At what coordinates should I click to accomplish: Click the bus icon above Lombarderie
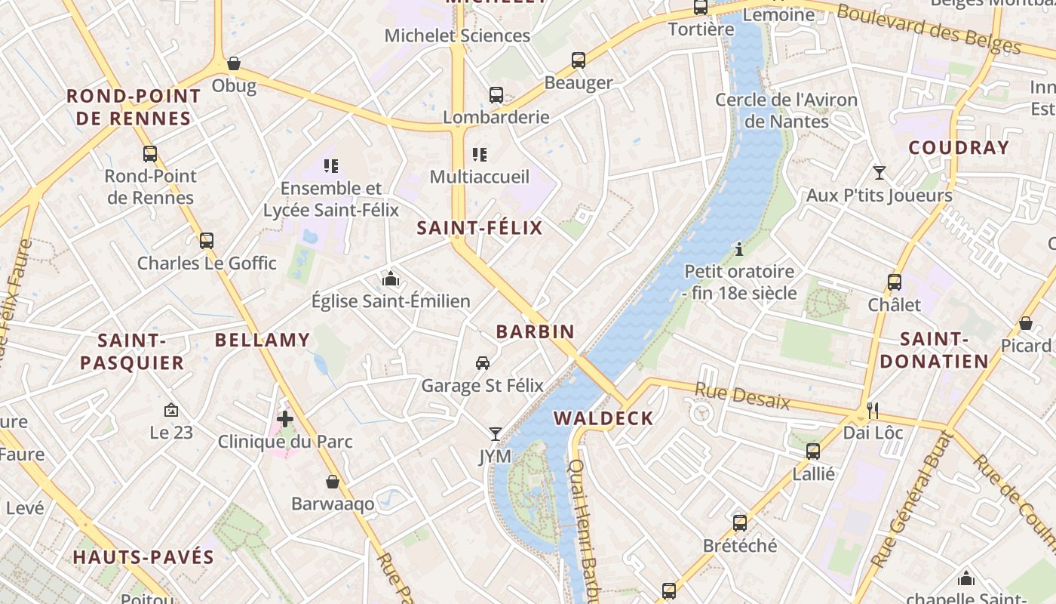[496, 95]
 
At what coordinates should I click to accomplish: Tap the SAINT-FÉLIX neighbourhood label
[480, 228]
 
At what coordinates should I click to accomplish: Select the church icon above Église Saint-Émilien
[390, 279]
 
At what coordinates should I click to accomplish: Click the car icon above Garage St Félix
[483, 363]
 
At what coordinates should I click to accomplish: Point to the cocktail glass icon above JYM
[495, 433]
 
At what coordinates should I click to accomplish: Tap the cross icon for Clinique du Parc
[285, 418]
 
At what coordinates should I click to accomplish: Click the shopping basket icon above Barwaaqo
[333, 482]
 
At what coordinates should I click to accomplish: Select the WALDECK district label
[603, 418]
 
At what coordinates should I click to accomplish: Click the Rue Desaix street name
[741, 396]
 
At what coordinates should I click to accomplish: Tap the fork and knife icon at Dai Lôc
[873, 410]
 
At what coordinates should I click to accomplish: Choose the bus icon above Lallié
[812, 451]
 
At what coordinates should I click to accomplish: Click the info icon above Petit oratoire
[739, 248]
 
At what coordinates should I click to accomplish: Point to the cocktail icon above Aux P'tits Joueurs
[879, 173]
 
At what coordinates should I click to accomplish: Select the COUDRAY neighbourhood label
[959, 148]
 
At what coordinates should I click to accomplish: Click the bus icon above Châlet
[894, 282]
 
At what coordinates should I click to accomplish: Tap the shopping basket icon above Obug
[234, 63]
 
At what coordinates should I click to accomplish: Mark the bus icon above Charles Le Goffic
[206, 241]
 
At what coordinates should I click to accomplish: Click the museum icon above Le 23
[171, 410]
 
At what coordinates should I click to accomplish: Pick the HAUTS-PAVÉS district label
[143, 558]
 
